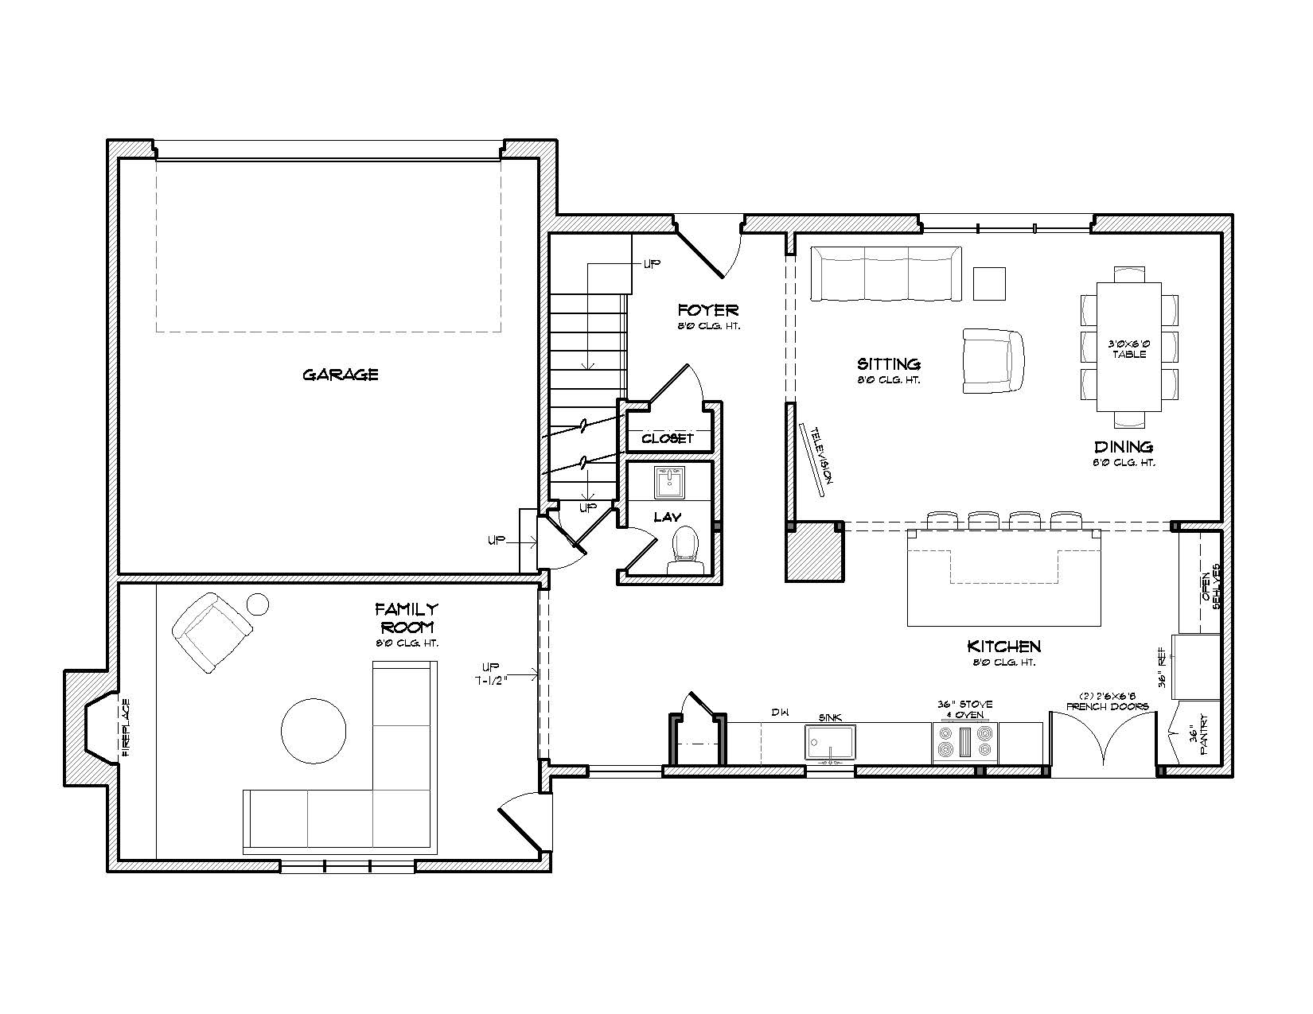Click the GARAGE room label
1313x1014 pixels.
click(340, 375)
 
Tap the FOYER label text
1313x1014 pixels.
click(708, 310)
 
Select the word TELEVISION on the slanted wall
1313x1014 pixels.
click(821, 456)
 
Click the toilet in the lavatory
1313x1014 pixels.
click(686, 550)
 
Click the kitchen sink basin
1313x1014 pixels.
click(830, 742)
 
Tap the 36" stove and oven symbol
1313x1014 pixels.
click(965, 742)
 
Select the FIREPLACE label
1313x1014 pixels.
click(126, 728)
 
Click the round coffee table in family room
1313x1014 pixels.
click(314, 731)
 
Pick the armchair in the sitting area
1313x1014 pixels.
click(993, 361)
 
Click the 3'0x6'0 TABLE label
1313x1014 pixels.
click(1128, 349)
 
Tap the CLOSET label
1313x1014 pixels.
click(668, 438)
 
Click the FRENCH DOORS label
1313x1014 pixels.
click(1107, 706)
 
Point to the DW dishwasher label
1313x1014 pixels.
click(780, 713)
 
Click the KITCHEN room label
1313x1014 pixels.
click(1003, 647)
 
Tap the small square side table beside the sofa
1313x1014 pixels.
click(989, 284)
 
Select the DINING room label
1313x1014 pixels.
click(1124, 447)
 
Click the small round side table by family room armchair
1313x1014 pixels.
click(258, 604)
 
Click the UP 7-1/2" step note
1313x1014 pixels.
click(491, 675)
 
